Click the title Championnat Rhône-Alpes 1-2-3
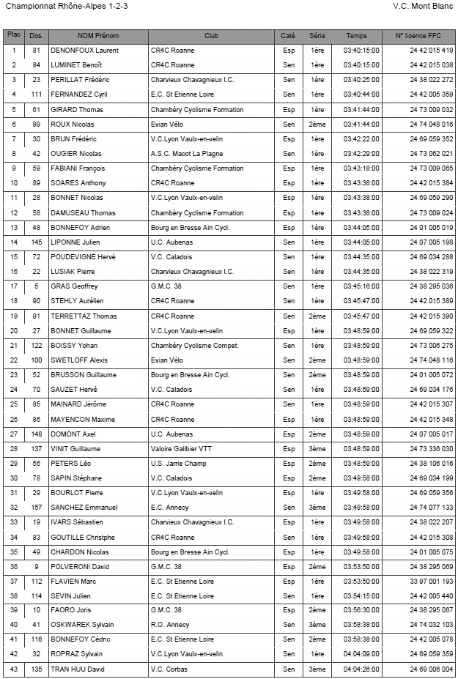coord(56,6)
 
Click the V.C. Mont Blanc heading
coord(423,6)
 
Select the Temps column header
coord(356,36)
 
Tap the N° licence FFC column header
coord(418,36)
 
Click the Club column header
coord(211,36)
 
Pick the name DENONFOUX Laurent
coord(84,51)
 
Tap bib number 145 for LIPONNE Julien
coord(36,242)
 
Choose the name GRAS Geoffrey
coord(74,286)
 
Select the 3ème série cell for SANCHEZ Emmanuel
coord(317,508)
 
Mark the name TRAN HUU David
coord(78,669)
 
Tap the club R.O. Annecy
coord(170,625)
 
